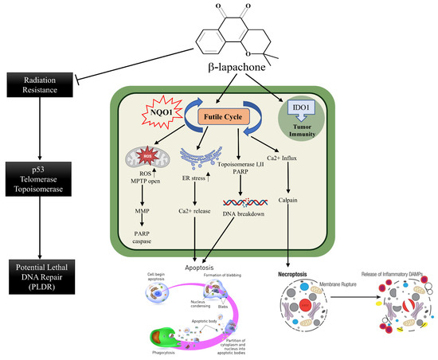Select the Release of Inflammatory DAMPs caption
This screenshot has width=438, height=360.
(389, 271)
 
